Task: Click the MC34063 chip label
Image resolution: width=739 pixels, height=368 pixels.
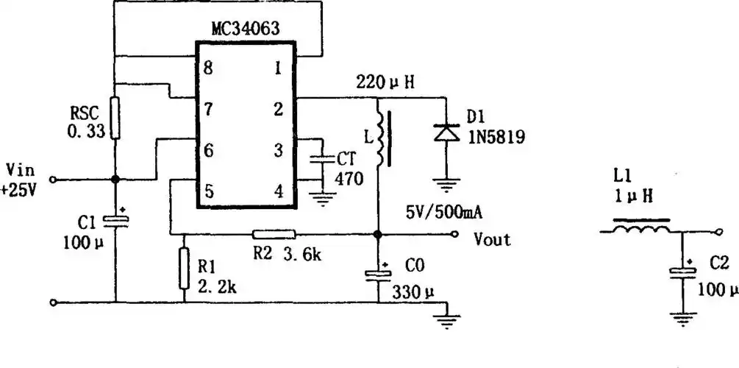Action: click(245, 29)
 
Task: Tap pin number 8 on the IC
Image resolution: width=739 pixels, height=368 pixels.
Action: click(208, 68)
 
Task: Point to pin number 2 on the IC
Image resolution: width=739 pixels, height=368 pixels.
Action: click(278, 110)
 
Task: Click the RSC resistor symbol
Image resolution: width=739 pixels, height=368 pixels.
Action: click(115, 118)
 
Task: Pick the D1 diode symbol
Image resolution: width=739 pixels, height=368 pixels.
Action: click(446, 132)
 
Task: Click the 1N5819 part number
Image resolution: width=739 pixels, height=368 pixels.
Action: click(496, 137)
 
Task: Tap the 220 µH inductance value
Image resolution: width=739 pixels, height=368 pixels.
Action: click(385, 82)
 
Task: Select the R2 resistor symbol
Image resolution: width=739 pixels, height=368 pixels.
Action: click(274, 234)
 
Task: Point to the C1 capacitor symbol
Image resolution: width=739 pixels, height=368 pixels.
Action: click(115, 220)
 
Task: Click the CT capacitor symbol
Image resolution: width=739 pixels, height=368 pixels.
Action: click(323, 160)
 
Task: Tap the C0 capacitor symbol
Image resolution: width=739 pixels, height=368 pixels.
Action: click(378, 273)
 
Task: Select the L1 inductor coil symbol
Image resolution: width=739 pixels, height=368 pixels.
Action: click(641, 227)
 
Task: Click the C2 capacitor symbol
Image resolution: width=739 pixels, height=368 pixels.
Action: click(683, 272)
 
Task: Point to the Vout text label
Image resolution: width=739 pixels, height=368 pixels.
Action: click(492, 240)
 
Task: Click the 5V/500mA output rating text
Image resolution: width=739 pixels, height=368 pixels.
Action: click(444, 213)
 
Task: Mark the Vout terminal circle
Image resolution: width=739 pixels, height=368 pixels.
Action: click(454, 234)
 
